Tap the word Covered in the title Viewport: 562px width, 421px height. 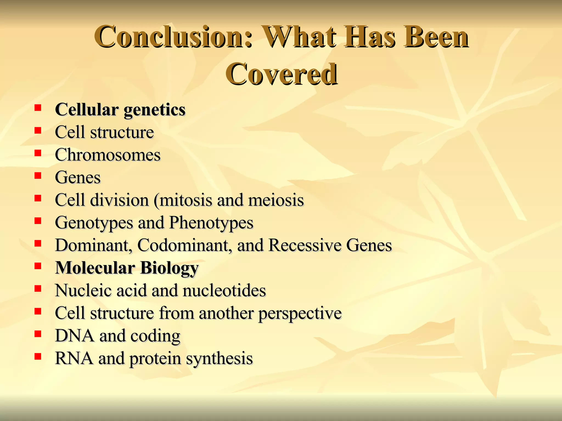coord(282,74)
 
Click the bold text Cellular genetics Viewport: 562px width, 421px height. coord(120,110)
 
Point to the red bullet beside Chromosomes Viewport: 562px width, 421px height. coord(38,153)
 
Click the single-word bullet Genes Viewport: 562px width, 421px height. coord(78,178)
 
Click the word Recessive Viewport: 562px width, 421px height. coord(305,245)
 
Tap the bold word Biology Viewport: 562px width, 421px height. coord(169,268)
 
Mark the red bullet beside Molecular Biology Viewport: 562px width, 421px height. coord(38,266)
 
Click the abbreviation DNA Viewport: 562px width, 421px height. coord(74,336)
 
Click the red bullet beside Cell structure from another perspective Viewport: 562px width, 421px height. coord(38,311)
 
